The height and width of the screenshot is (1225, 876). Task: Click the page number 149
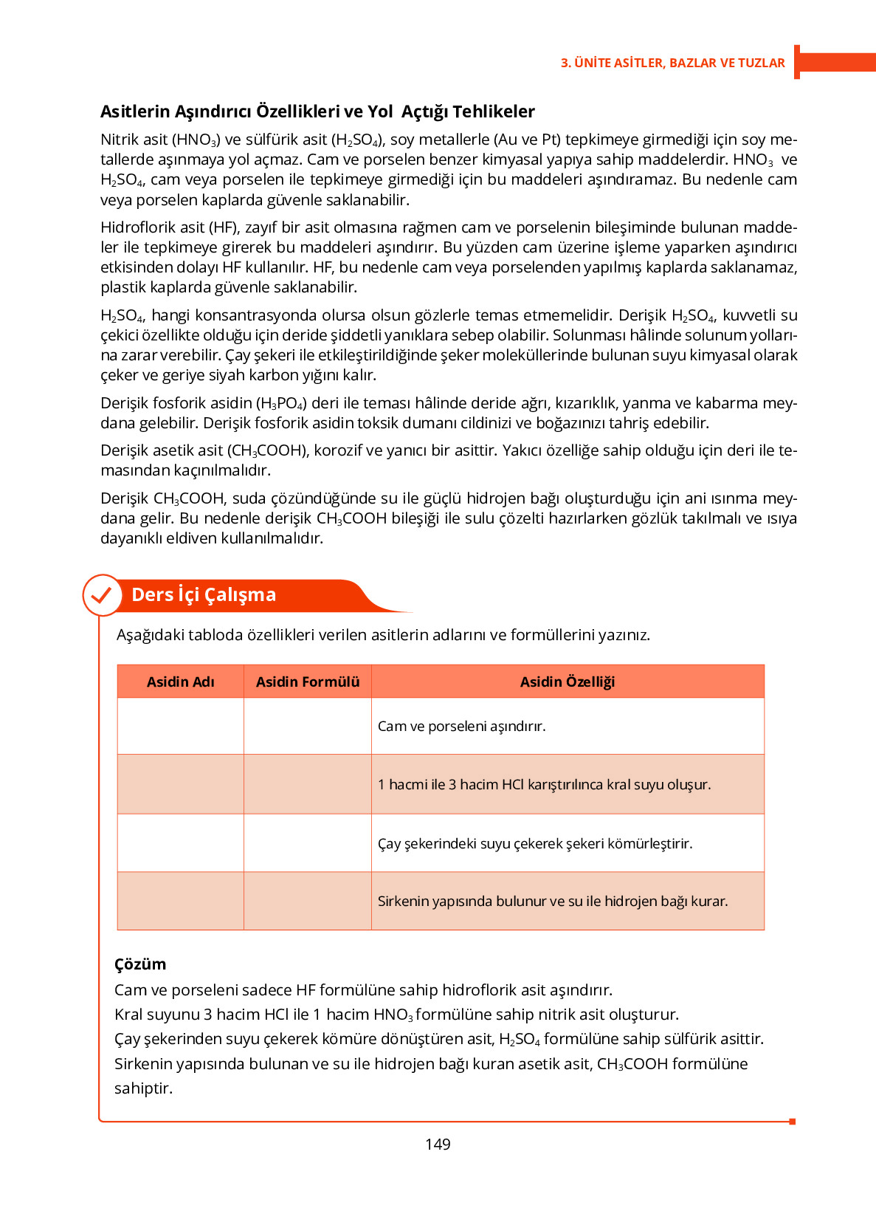pos(438,1144)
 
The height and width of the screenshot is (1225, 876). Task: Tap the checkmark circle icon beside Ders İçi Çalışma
pos(102,595)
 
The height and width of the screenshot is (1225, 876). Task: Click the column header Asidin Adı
pos(180,682)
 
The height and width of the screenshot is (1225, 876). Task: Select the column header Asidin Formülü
pos(307,682)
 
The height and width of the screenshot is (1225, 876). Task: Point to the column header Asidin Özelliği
pos(567,682)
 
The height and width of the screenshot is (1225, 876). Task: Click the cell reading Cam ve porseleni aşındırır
pos(461,726)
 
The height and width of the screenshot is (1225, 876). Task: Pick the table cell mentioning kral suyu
pos(544,784)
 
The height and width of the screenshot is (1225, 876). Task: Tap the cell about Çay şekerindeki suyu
pos(534,843)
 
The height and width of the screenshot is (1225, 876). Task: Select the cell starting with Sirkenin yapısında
pos(552,901)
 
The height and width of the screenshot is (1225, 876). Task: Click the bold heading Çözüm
pos(140,964)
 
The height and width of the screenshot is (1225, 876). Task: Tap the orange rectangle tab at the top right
pos(836,62)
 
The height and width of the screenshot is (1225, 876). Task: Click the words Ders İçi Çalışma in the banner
pos(204,595)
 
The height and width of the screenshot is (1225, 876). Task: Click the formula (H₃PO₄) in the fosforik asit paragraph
pos(281,403)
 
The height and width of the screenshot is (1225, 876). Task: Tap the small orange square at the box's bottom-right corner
pos(792,1122)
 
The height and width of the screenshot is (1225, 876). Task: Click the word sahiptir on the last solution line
pos(143,1088)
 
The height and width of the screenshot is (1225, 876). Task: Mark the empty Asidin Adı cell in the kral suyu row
pos(180,784)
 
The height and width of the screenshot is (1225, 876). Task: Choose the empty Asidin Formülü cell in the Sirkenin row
pos(307,901)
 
